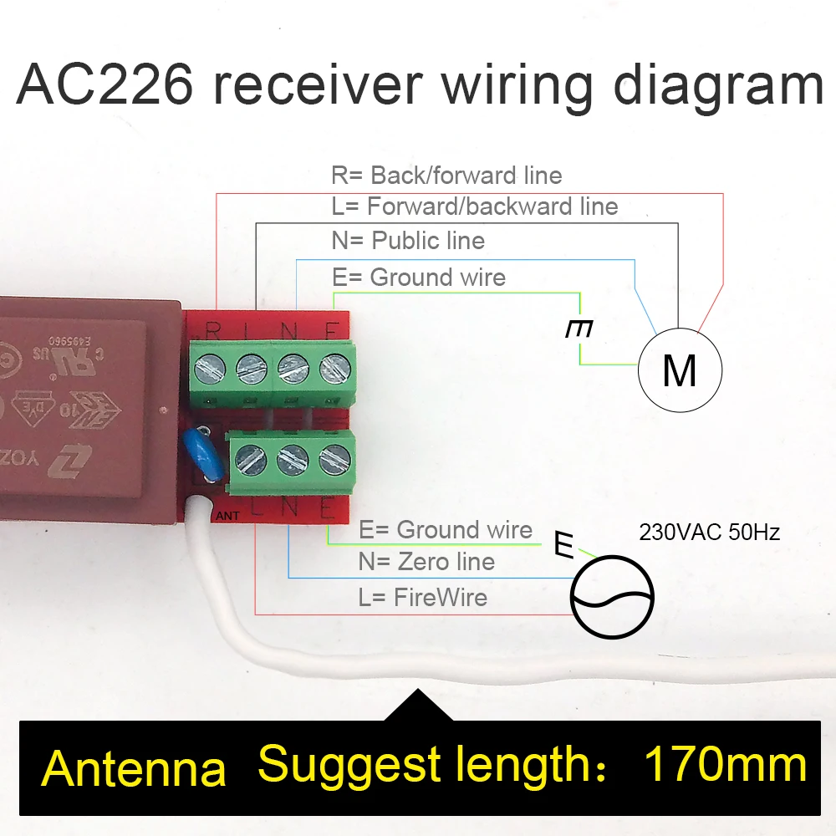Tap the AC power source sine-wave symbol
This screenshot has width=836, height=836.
click(612, 596)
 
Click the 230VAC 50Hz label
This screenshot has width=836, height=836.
click(709, 532)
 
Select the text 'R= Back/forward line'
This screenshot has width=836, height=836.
click(446, 176)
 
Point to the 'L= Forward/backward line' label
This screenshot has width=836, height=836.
click(475, 206)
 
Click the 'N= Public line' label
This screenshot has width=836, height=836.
click(408, 241)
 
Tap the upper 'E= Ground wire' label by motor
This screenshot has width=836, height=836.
click(419, 277)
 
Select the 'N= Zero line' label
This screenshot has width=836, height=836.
click(426, 562)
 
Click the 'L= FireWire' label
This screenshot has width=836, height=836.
click(422, 597)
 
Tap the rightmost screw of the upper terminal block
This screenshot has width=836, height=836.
click(334, 365)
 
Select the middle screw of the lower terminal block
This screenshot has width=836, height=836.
click(291, 457)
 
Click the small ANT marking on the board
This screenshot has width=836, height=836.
click(227, 516)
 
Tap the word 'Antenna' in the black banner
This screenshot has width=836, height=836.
click(134, 768)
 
